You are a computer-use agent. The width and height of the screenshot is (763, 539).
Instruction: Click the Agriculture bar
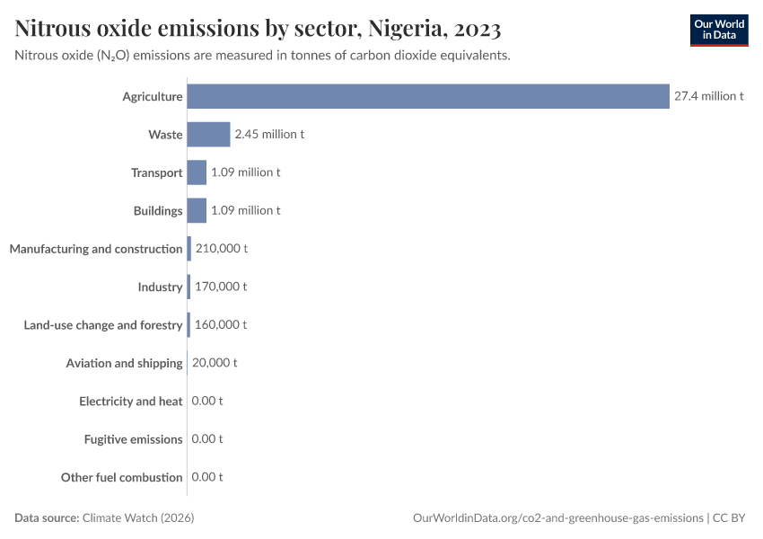pyautogui.click(x=428, y=96)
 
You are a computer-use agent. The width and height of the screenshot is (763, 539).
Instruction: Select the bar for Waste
pyautogui.click(x=208, y=134)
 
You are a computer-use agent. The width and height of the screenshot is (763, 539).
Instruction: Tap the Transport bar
pyautogui.click(x=197, y=172)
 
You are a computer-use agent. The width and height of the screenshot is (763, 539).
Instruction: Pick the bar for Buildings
pyautogui.click(x=197, y=210)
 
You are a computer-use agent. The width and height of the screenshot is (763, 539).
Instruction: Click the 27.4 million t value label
pyautogui.click(x=708, y=96)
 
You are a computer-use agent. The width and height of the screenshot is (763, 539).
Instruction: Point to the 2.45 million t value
pyautogui.click(x=269, y=134)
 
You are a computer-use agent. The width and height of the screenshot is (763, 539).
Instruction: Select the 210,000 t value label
pyautogui.click(x=221, y=249)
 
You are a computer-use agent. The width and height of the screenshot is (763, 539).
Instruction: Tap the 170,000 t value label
pyautogui.click(x=220, y=287)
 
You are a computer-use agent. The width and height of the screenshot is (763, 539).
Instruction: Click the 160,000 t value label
pyautogui.click(x=220, y=324)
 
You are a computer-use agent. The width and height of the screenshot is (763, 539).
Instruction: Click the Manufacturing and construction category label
pyautogui.click(x=96, y=249)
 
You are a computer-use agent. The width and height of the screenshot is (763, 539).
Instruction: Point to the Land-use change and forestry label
pyautogui.click(x=103, y=324)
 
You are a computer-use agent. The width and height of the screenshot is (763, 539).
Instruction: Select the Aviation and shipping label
pyautogui.click(x=124, y=363)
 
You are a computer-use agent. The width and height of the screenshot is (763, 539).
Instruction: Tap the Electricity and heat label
pyautogui.click(x=130, y=401)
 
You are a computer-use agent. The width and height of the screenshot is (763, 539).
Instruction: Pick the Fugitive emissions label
pyautogui.click(x=133, y=439)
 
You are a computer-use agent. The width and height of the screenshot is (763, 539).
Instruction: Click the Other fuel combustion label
pyautogui.click(x=121, y=477)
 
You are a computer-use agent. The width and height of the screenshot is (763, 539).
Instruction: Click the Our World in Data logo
pyautogui.click(x=719, y=30)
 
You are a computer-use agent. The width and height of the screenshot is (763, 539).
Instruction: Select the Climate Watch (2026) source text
pyautogui.click(x=138, y=518)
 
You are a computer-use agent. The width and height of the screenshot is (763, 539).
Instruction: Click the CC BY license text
pyautogui.click(x=731, y=518)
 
